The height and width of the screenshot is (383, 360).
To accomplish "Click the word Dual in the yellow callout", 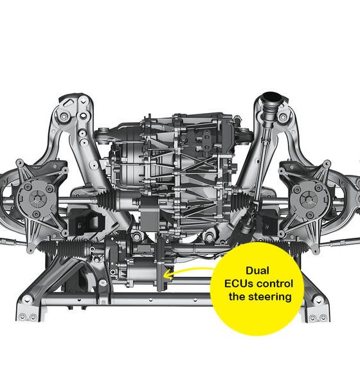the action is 257,271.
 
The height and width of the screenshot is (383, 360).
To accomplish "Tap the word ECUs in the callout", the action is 239,284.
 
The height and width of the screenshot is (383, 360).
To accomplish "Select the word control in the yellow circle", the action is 275,284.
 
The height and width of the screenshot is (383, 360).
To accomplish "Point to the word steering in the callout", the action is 269,298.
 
